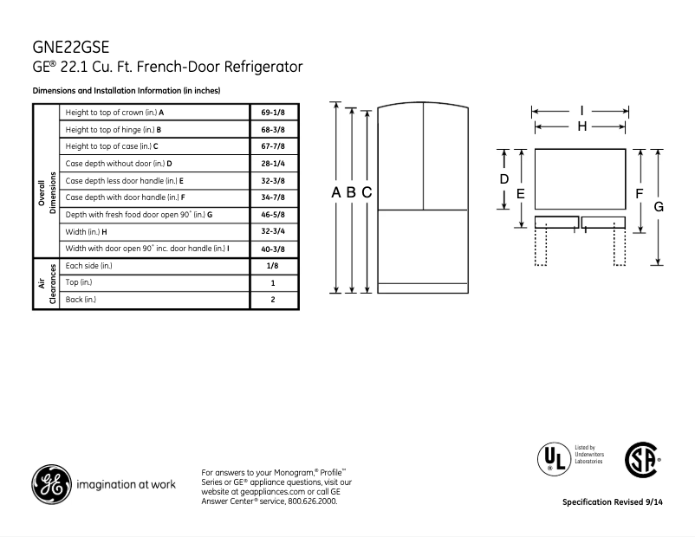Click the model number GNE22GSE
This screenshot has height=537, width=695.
(71, 47)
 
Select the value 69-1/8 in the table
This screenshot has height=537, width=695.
(274, 113)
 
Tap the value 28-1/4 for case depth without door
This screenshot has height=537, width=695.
(274, 163)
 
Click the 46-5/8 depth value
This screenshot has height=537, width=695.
(274, 214)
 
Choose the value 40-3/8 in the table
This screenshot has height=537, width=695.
(274, 249)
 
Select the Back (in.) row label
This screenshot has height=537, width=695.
(81, 300)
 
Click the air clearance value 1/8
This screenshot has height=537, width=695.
(274, 266)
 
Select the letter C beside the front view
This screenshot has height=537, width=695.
(367, 192)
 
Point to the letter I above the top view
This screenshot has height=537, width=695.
(581, 111)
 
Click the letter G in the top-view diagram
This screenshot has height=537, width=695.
(659, 206)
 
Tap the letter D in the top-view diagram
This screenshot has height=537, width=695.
(503, 178)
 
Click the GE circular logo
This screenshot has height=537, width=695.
(52, 483)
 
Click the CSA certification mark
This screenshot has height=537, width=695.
(641, 458)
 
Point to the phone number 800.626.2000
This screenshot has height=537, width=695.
(309, 501)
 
